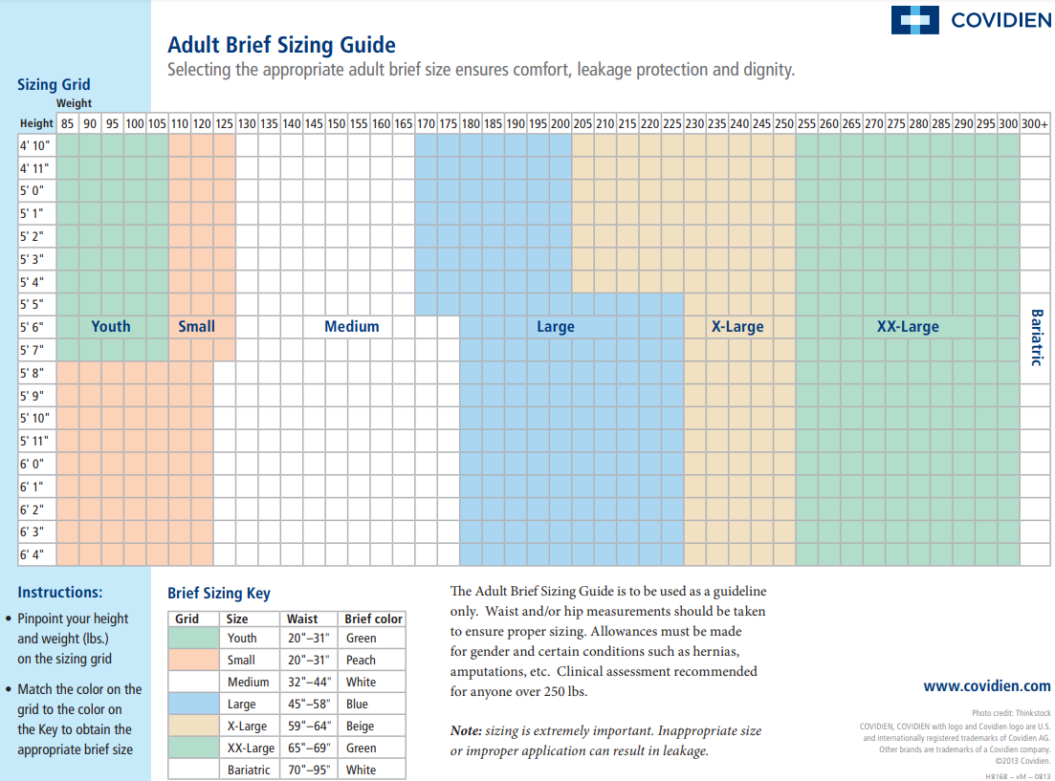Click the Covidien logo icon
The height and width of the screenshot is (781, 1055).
915,20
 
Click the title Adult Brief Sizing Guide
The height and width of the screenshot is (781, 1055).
281,45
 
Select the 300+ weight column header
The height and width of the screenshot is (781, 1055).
1034,123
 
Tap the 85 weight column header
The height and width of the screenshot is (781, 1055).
67,123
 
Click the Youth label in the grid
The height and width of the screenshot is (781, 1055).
110,326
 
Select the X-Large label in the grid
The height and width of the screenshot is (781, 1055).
737,326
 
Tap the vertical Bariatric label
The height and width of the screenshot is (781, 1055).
1035,336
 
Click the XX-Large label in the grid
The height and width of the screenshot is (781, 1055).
908,326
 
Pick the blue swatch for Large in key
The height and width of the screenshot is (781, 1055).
194,704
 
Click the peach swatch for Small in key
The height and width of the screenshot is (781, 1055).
194,660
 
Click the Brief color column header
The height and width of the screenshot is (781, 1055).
373,618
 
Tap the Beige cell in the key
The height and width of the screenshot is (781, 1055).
361,726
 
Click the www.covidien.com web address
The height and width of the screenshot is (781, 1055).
986,685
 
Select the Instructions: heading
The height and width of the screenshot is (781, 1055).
59,592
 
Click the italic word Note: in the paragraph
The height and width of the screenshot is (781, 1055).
466,730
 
